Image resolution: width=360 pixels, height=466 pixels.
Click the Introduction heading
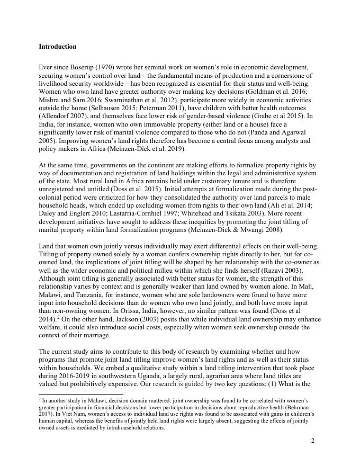pos(58,47)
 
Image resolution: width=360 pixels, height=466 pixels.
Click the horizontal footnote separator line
pos(80,395)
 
